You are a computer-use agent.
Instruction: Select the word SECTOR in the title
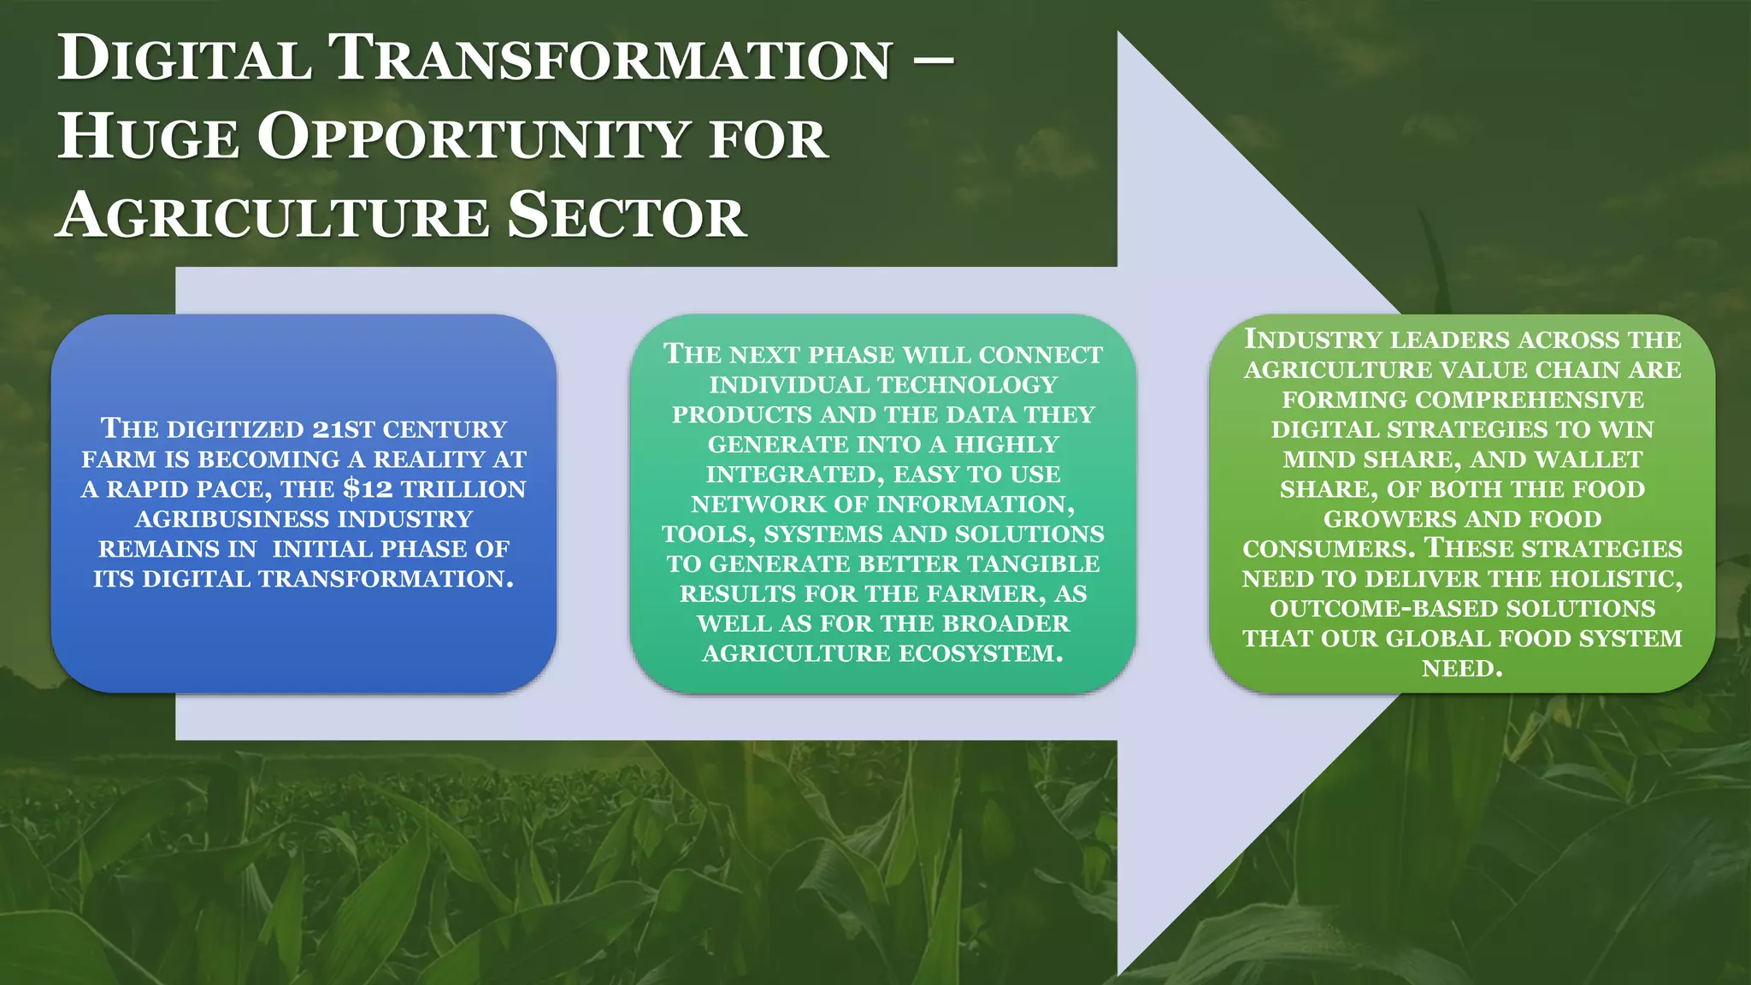click(627, 215)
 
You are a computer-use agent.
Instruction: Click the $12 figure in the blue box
click(367, 489)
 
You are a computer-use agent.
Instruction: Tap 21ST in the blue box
click(343, 429)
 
